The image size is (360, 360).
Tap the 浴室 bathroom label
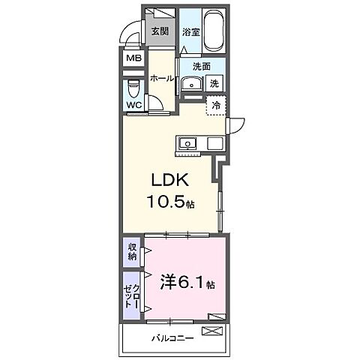(190, 32)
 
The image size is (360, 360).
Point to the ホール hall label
(162, 78)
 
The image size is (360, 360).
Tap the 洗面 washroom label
(200, 66)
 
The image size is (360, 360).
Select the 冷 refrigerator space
(215, 106)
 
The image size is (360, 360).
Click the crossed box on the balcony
(216, 330)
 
